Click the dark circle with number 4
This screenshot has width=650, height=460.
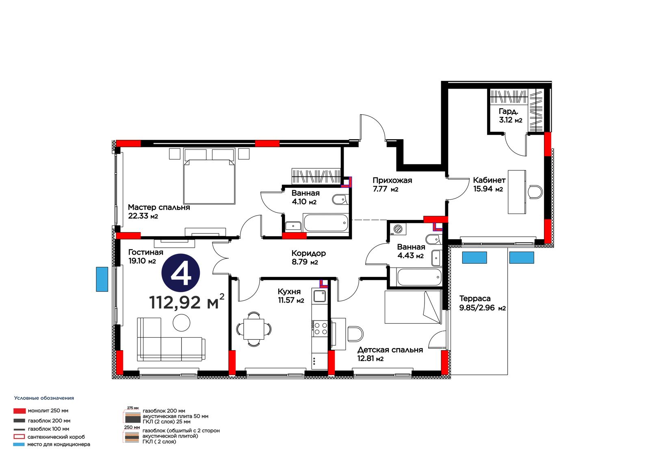(x=180, y=273)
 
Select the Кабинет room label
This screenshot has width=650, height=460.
(x=489, y=180)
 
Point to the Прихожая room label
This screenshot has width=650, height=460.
(x=392, y=181)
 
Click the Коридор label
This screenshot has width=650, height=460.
(x=308, y=253)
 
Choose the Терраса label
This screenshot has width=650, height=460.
(x=475, y=299)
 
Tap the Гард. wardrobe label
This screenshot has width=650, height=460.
(x=508, y=111)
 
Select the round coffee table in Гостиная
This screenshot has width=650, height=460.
(x=181, y=323)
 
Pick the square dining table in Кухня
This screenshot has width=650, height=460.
(x=254, y=329)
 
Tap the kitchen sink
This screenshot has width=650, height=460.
(x=319, y=296)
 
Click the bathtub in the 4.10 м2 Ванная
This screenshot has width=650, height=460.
(x=326, y=223)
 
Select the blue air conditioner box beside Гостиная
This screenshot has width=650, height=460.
(x=102, y=279)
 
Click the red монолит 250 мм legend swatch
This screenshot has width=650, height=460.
(x=19, y=411)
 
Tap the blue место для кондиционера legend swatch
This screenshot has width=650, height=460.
(x=19, y=444)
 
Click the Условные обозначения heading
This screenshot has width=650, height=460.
(x=44, y=398)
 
